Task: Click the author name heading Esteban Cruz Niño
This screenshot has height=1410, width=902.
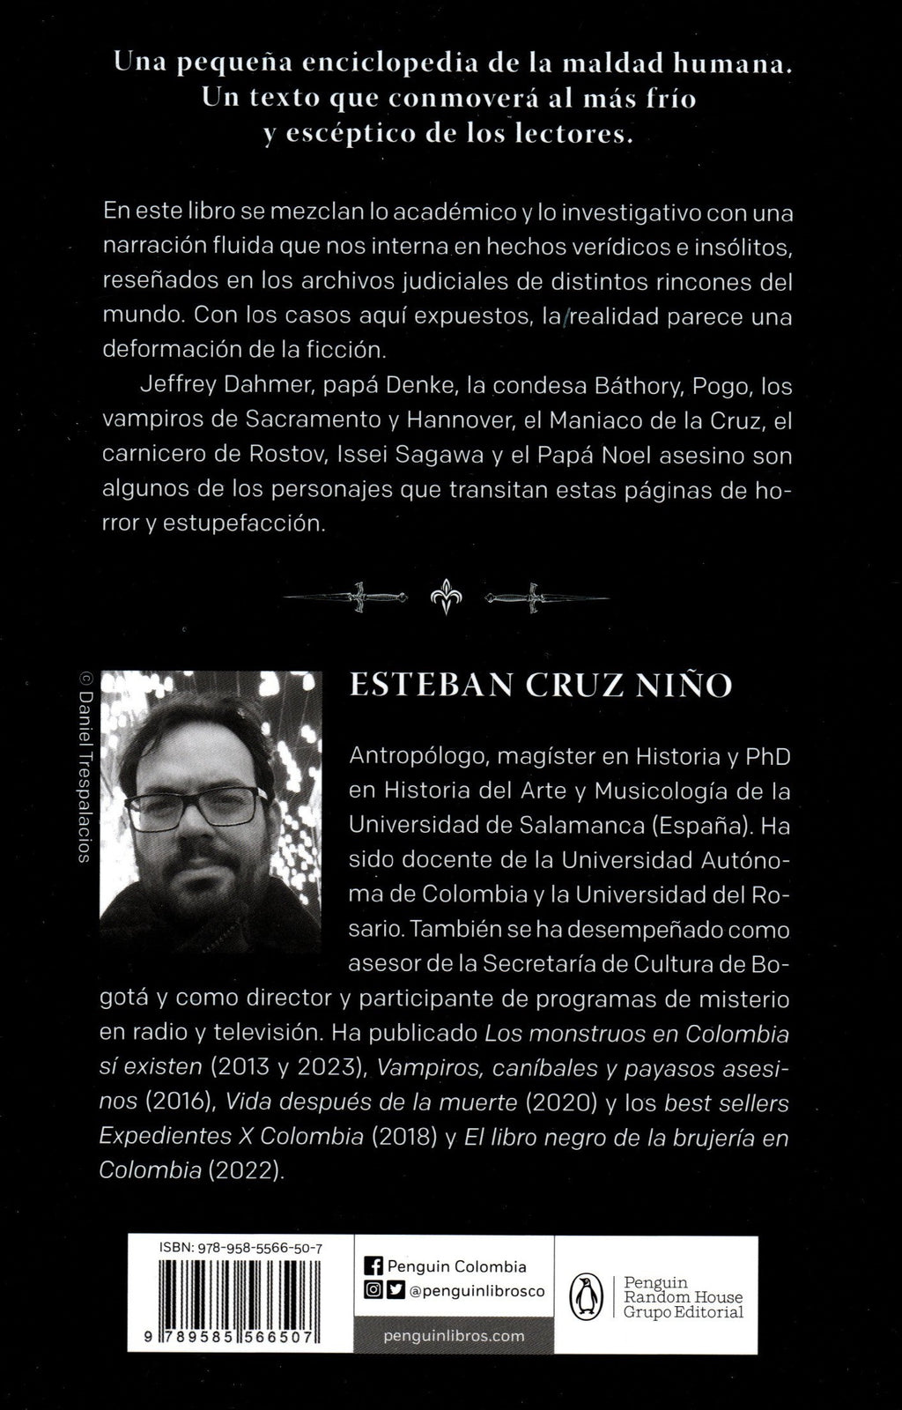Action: point(541,686)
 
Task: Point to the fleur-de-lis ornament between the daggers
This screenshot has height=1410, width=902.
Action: point(446,597)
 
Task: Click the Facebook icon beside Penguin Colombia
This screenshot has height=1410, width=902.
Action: point(373,1266)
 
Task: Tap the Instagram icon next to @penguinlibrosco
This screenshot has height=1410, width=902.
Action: point(373,1291)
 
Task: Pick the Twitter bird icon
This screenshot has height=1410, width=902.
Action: point(396,1291)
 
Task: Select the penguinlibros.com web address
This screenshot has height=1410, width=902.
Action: point(455,1336)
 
